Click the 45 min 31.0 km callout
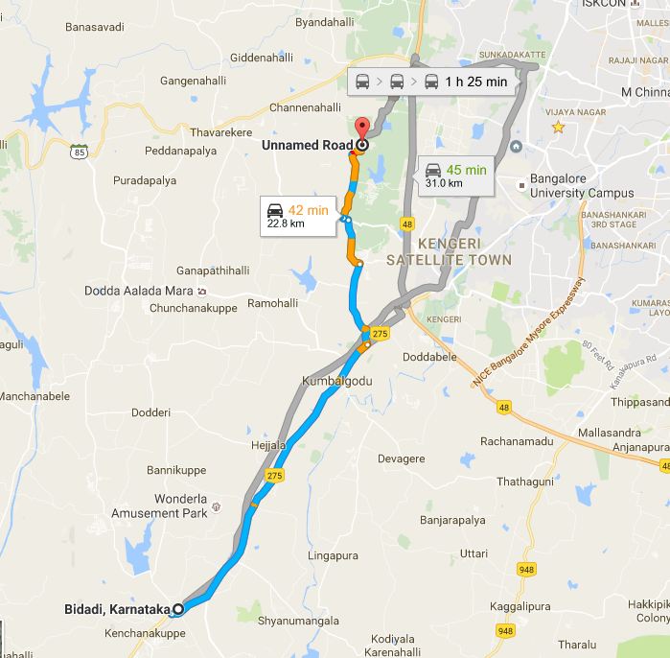click(456, 176)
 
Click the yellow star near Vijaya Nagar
click(558, 127)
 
